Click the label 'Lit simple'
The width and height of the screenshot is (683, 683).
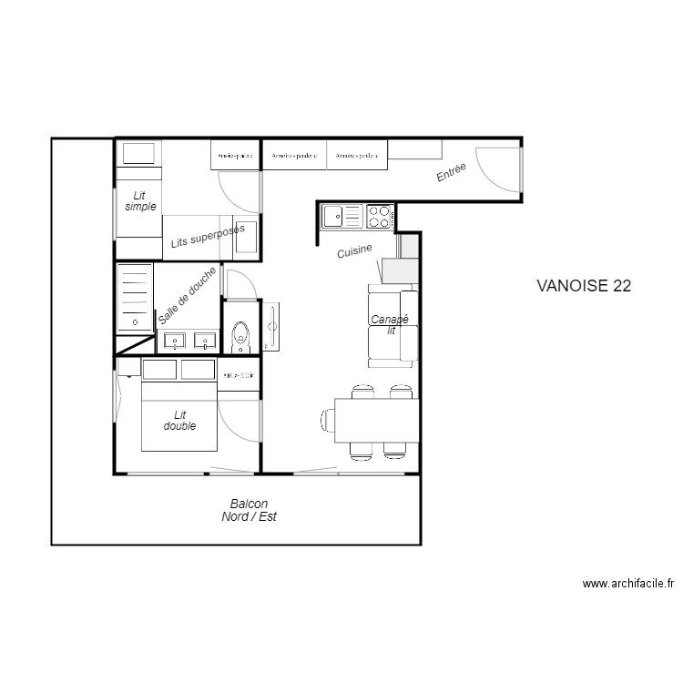140,201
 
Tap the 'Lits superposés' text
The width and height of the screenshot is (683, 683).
208,238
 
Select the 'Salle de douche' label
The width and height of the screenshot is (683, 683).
188,296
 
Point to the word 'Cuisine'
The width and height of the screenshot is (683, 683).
354,250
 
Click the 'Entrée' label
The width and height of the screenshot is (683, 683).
452,172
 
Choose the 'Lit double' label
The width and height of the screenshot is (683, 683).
179,420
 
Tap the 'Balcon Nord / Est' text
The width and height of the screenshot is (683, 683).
249,510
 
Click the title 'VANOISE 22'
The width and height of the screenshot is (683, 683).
584,285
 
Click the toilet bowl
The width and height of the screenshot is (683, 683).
241,336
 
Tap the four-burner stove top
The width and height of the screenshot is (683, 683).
380,217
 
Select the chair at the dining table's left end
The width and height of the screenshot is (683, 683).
328,420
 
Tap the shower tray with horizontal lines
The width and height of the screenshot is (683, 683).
135,296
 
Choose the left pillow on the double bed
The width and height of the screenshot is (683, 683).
159,370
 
